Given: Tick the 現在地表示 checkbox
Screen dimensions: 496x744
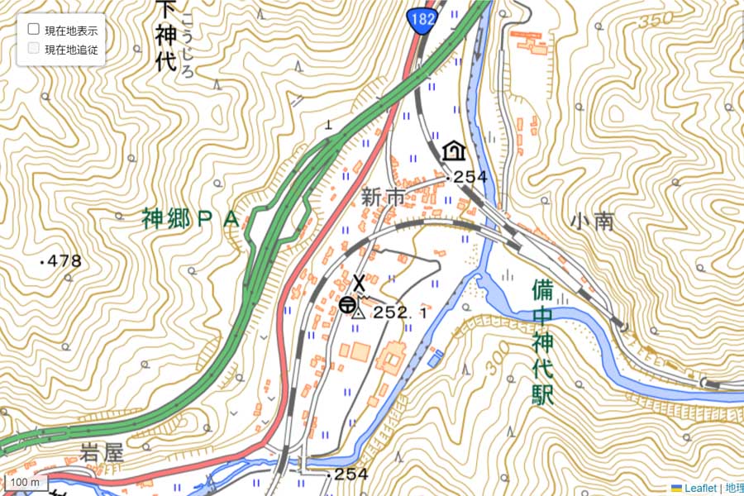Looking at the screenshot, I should [x=34, y=30].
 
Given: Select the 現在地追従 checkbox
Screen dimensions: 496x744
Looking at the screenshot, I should [x=34, y=49].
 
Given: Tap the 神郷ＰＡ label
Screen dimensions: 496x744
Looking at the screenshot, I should [x=190, y=219].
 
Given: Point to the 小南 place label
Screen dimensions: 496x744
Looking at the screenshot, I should [x=591, y=221].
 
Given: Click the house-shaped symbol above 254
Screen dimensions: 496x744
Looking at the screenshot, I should [x=452, y=150].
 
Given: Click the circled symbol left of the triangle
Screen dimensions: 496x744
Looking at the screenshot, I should [x=346, y=304].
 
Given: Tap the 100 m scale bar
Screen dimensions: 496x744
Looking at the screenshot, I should [x=25, y=482].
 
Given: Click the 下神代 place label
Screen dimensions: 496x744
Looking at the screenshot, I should [x=165, y=37].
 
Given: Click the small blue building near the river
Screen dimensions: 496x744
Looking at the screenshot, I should [x=435, y=358].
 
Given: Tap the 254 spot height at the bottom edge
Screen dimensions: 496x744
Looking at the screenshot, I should [x=351, y=475].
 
